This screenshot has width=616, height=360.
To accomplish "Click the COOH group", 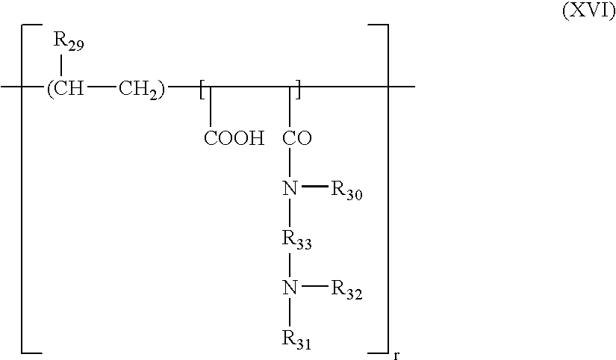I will [234, 139].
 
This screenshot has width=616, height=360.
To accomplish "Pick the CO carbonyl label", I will [298, 139].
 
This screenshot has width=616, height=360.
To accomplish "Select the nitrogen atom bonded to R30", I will [290, 189].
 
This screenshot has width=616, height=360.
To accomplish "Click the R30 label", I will [348, 190].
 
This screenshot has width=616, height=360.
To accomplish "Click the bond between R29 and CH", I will [60, 66].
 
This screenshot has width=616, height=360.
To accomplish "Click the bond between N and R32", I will [313, 288].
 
